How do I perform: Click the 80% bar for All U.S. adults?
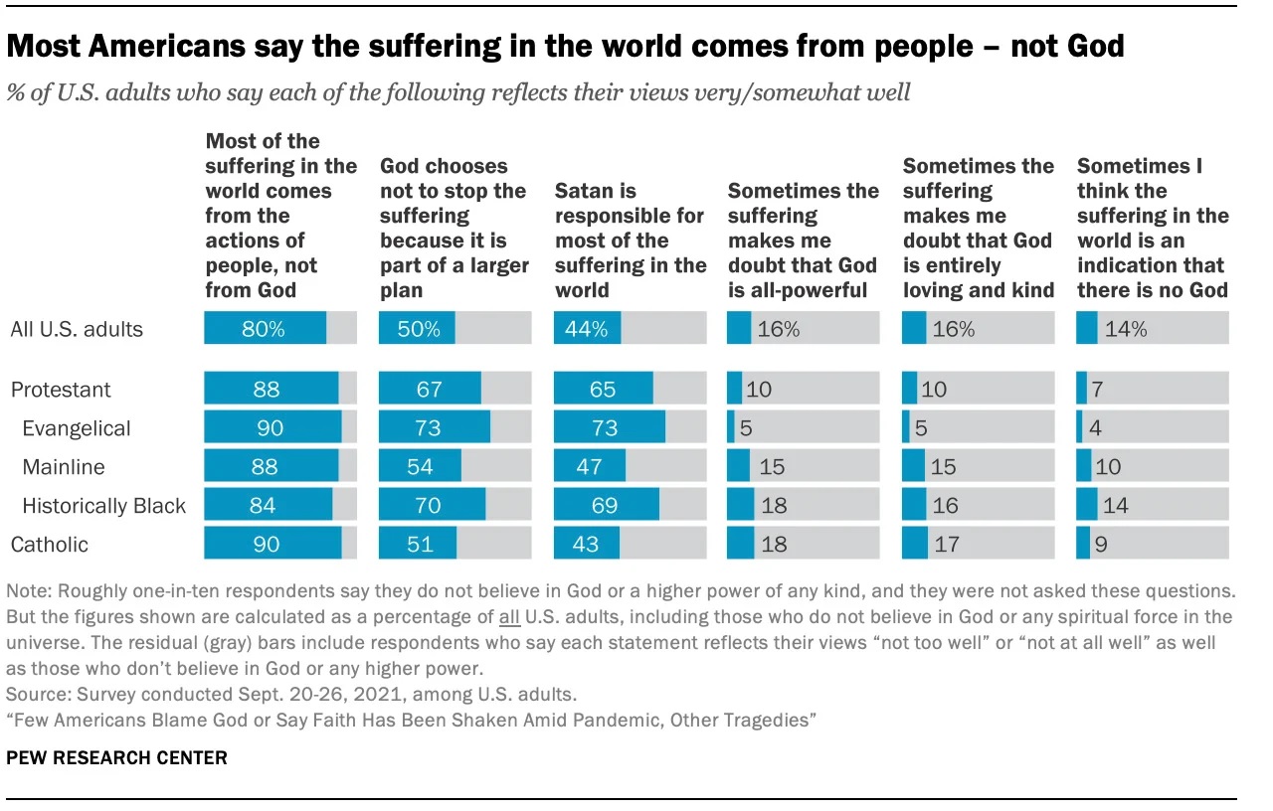click(265, 328)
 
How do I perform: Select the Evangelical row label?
click(77, 428)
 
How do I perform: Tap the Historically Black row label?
click(103, 506)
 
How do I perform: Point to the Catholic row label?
click(49, 545)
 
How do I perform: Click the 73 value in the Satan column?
click(603, 428)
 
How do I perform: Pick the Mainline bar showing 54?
click(420, 467)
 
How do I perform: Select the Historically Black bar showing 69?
click(605, 506)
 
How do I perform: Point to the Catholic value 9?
click(1100, 545)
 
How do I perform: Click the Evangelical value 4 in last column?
click(1096, 428)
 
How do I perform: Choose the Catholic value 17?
click(946, 545)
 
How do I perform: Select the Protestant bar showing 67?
click(430, 390)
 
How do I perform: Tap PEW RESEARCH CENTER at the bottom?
click(116, 758)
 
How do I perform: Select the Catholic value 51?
click(418, 545)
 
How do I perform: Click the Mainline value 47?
click(589, 467)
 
